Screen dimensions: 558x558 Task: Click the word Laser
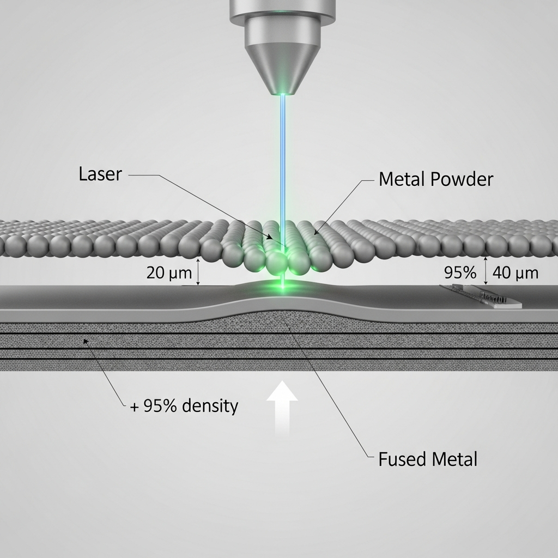click(x=101, y=174)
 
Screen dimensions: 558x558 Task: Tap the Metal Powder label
click(x=435, y=179)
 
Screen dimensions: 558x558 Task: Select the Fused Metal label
click(x=428, y=459)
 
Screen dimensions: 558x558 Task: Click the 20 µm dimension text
click(x=169, y=272)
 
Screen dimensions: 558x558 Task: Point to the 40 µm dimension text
click(x=515, y=272)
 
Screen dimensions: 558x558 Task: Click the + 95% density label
click(x=184, y=406)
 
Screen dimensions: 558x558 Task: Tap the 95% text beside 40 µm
click(x=460, y=272)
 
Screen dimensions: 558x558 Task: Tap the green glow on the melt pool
click(x=282, y=286)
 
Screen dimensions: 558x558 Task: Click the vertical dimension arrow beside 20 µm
click(x=198, y=272)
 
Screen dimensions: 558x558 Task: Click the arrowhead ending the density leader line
click(x=84, y=341)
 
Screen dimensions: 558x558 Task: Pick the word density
click(x=210, y=406)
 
